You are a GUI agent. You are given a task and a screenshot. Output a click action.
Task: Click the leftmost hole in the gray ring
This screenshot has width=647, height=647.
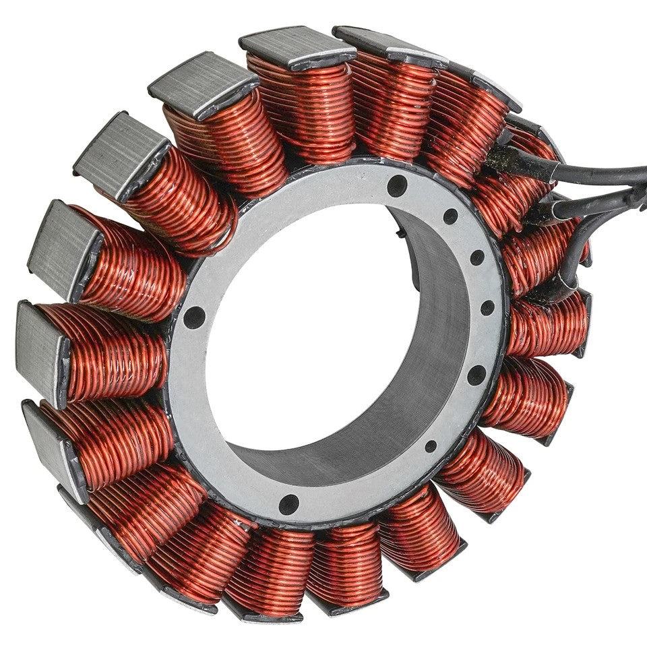(194, 317)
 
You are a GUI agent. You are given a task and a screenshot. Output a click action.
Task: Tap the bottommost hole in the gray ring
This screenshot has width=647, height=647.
(289, 502)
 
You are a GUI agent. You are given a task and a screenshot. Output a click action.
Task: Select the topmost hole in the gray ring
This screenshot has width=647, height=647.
(397, 185)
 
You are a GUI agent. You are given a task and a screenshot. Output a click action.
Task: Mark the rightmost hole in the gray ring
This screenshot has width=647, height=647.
(487, 308)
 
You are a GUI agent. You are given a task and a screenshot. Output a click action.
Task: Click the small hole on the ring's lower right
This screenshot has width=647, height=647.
(430, 445)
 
